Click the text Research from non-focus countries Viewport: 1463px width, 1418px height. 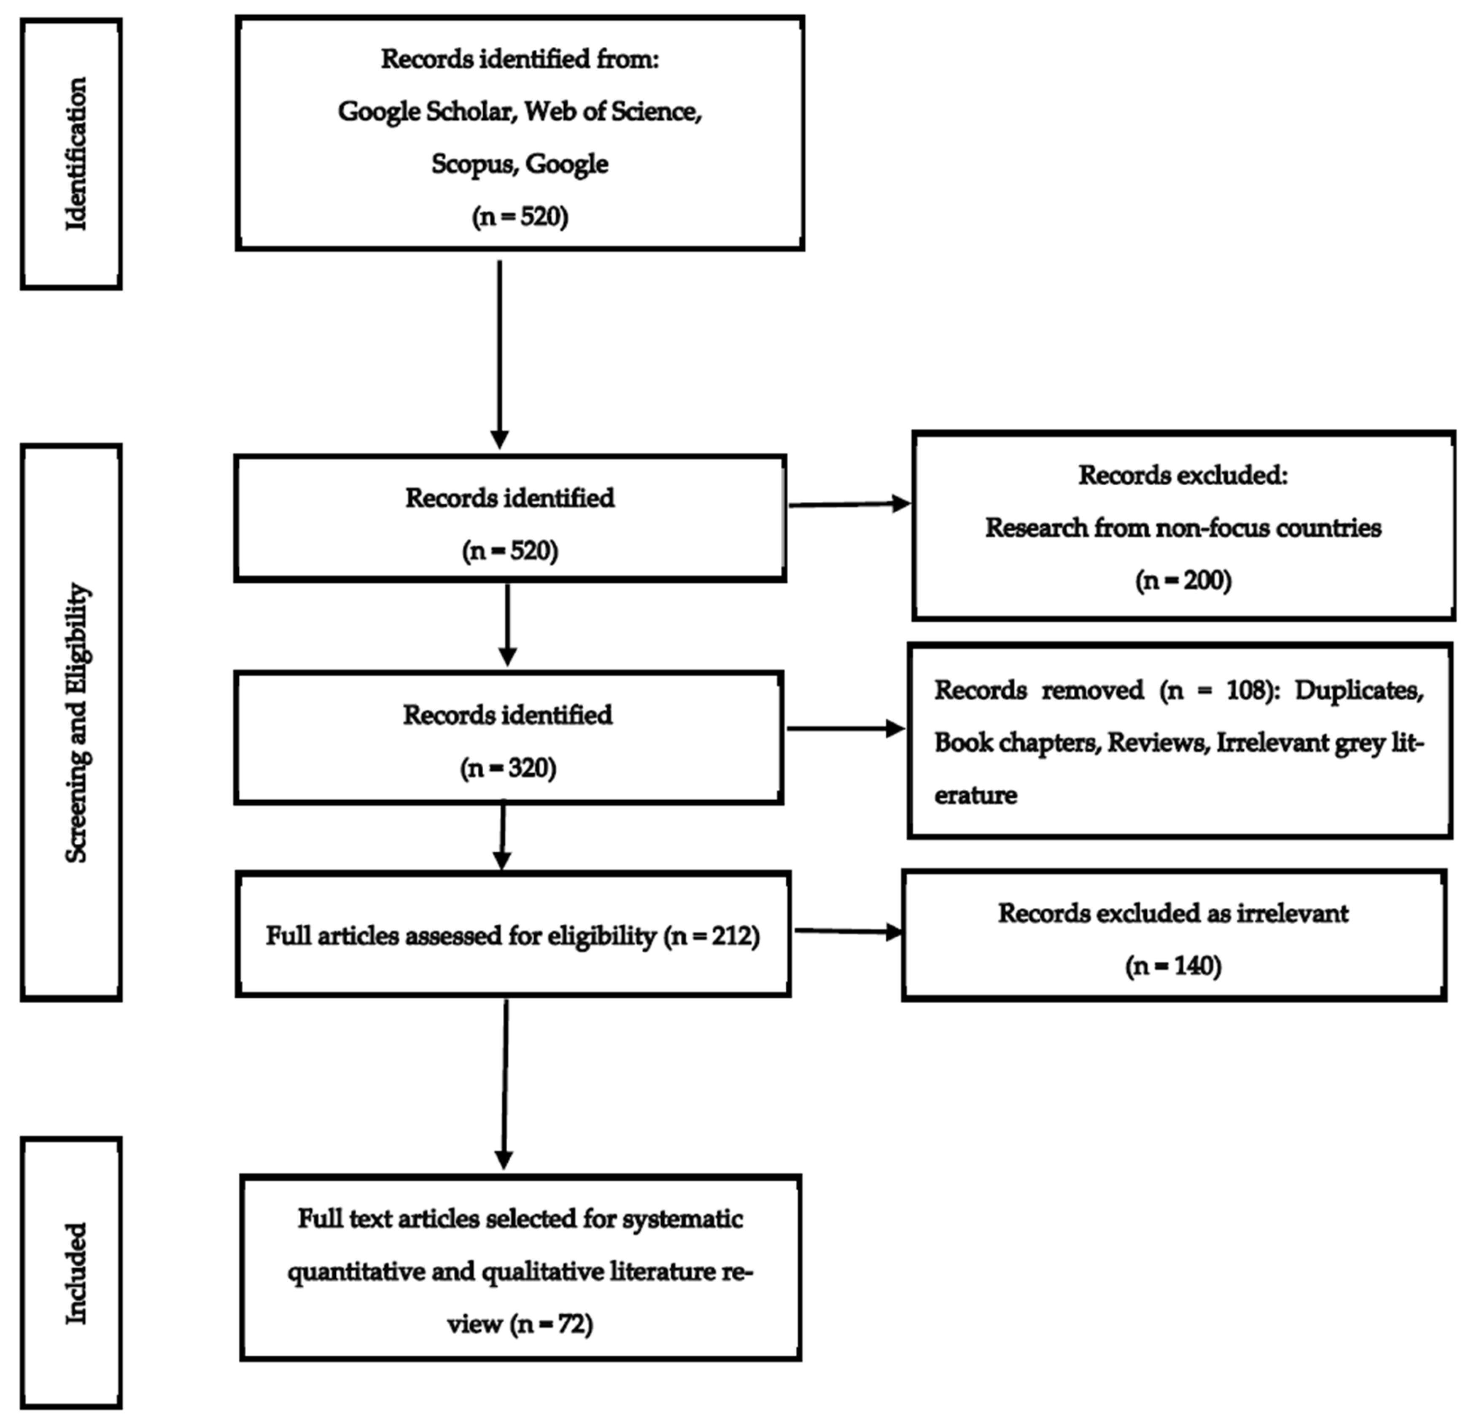click(x=1183, y=527)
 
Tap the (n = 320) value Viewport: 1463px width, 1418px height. click(x=508, y=768)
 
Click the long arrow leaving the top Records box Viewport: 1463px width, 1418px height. click(x=499, y=351)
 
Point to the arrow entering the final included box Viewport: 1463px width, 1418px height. click(x=505, y=1082)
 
